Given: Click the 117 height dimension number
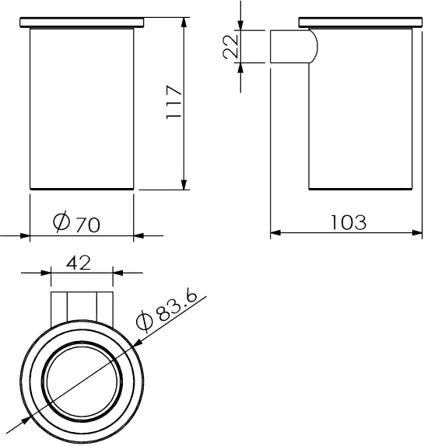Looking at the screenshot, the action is (x=173, y=102).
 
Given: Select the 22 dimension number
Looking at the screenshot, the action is (x=230, y=47).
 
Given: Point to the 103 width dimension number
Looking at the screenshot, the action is (x=349, y=222).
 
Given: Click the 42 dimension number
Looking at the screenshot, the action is (x=79, y=263).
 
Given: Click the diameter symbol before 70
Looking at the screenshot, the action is (x=61, y=221).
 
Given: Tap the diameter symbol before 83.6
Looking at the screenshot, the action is (x=145, y=322).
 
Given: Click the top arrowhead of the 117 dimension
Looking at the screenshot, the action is (x=184, y=22).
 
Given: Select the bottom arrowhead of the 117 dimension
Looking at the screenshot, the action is (x=184, y=185).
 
